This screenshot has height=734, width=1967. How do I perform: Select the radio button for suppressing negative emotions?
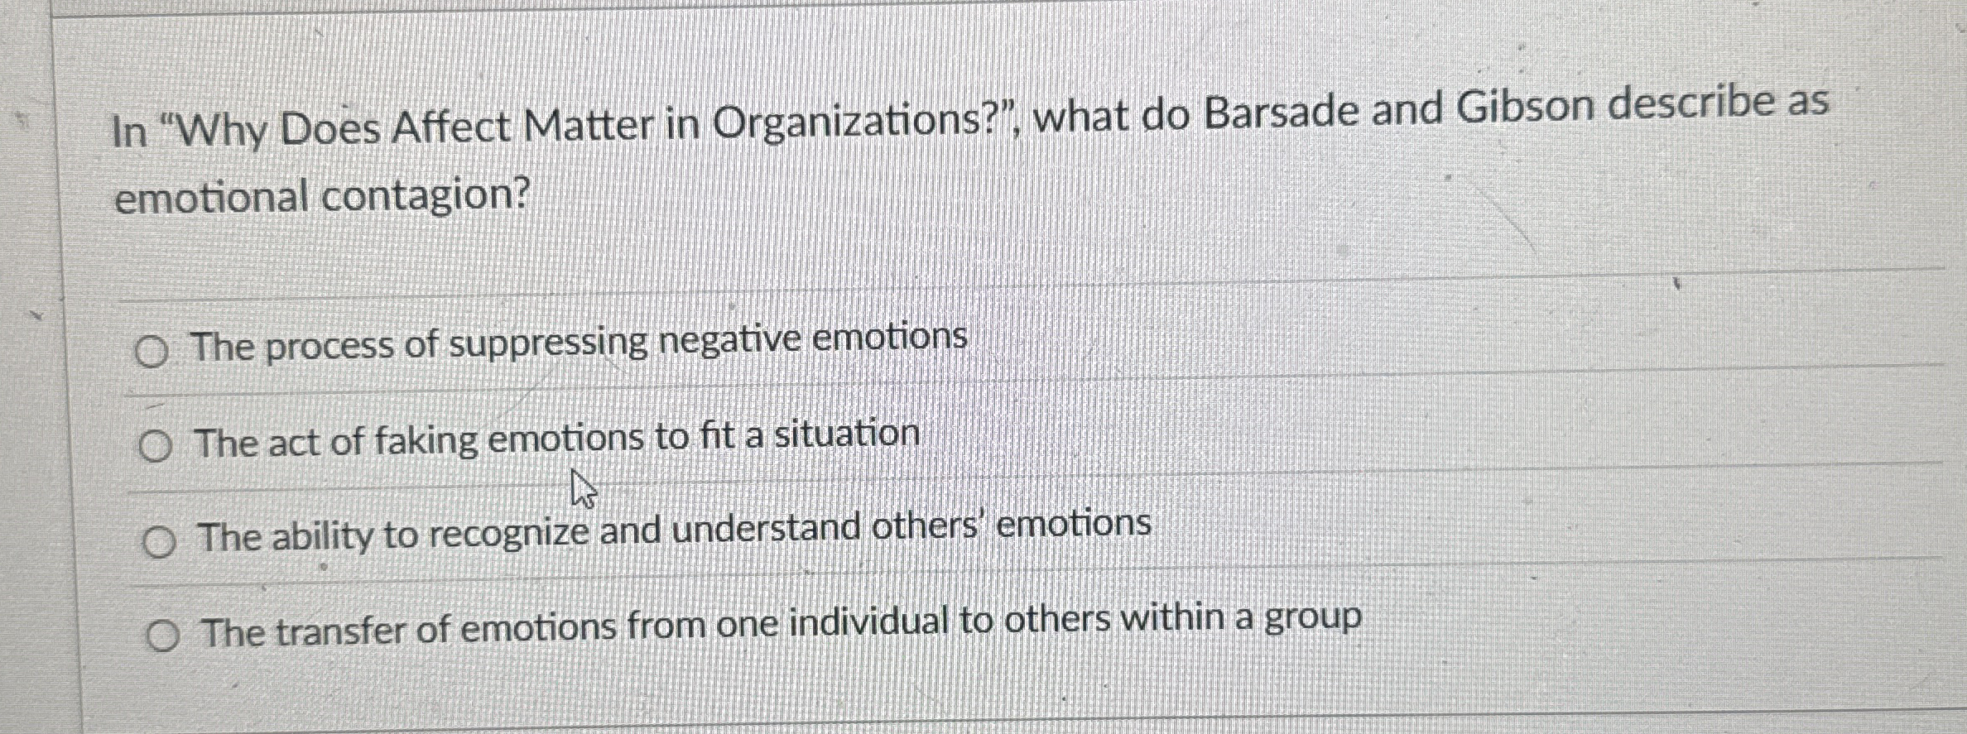click(x=151, y=353)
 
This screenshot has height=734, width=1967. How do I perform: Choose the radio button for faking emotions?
click(x=155, y=448)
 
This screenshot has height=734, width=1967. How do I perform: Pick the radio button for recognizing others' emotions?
click(x=158, y=543)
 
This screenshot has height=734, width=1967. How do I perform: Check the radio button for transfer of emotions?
click(x=162, y=636)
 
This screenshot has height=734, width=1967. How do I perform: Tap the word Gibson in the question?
click(x=1524, y=107)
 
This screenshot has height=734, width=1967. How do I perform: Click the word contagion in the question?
click(x=425, y=196)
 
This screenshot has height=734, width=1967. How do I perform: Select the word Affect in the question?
click(x=451, y=127)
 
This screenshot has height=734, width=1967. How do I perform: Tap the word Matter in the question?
click(x=589, y=125)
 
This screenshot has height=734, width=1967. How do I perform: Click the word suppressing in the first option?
click(x=547, y=343)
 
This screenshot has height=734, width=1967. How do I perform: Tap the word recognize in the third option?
click(x=508, y=534)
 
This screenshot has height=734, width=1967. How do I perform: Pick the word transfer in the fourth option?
click(x=340, y=631)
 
